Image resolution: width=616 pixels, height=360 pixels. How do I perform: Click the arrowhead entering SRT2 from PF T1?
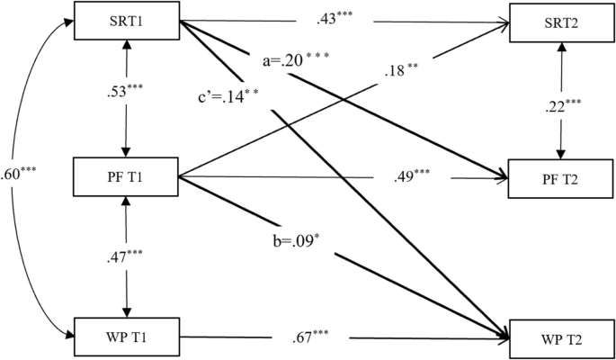pyautogui.click(x=503, y=30)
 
